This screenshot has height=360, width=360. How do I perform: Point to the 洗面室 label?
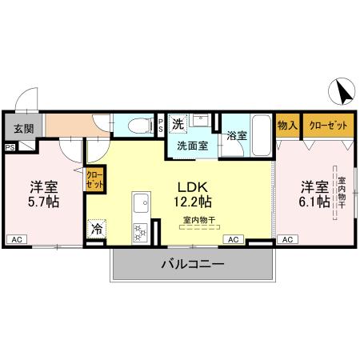pos(192,146)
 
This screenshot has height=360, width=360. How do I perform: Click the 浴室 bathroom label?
pos(236,136)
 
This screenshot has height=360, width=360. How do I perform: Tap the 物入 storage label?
pos(287,125)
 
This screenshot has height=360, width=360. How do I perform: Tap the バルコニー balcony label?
pos(193,264)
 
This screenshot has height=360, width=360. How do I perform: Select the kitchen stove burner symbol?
pos(139,232)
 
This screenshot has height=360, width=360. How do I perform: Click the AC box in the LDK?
pos(234,239)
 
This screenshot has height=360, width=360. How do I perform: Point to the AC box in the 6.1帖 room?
pos(287,239)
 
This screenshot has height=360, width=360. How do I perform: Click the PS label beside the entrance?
pos(10,147)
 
